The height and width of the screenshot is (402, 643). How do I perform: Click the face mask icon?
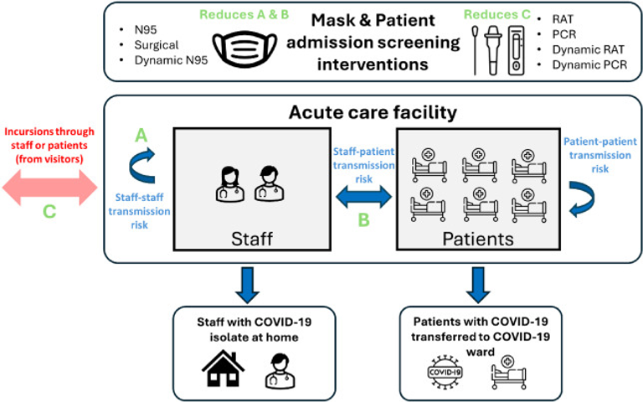(x=244, y=49)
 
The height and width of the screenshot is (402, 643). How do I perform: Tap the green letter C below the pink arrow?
(x=49, y=212)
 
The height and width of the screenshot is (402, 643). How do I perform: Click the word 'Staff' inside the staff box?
(x=254, y=238)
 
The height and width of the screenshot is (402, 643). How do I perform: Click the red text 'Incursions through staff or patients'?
(x=49, y=142)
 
